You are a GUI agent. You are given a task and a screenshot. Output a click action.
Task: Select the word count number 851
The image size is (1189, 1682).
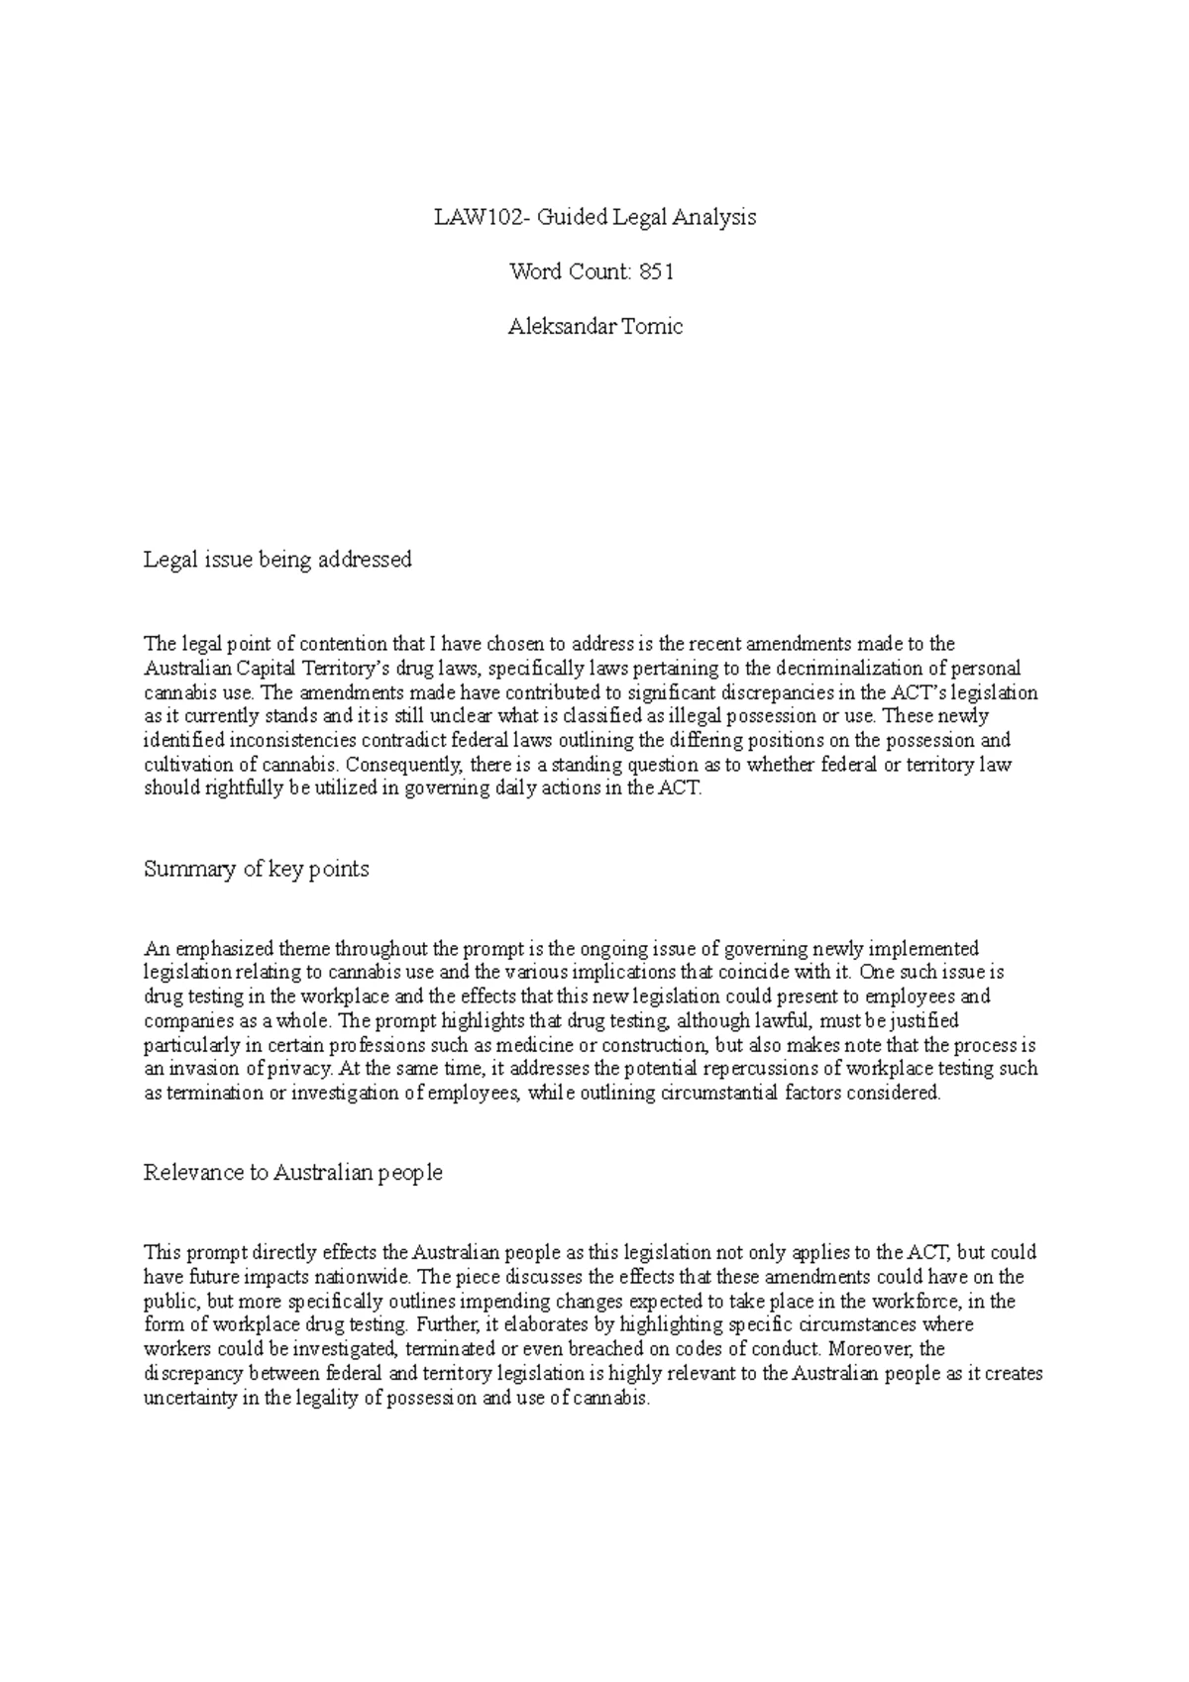tap(657, 271)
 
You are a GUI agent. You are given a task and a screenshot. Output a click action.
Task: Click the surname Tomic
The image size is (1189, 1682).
tap(651, 326)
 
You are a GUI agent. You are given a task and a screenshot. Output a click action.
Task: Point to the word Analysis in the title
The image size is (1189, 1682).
tap(715, 217)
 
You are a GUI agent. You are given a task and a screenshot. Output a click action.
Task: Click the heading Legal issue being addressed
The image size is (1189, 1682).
tap(277, 560)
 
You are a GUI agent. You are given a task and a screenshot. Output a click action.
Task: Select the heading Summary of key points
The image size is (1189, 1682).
tap(257, 869)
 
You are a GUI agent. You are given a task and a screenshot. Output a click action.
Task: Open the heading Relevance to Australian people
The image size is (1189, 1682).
tap(293, 1173)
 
